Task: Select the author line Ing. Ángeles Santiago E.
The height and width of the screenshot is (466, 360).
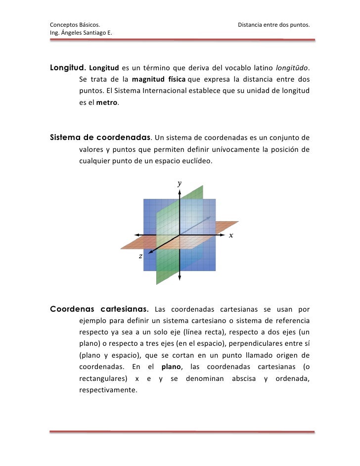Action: point(81,33)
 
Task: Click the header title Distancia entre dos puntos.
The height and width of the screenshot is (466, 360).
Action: point(273,24)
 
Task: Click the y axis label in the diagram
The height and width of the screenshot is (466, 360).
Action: point(180,183)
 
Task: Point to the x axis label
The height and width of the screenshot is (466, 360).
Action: point(231,235)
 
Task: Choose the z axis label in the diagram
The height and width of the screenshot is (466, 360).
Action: point(141,256)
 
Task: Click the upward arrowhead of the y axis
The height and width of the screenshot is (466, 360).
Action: point(180,191)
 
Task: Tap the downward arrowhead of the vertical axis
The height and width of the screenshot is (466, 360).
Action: point(180,278)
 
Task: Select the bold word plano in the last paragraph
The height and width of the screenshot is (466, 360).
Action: point(173,366)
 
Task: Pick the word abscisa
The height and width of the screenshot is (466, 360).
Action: point(244,378)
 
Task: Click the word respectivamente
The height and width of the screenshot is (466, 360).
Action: point(107,390)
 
